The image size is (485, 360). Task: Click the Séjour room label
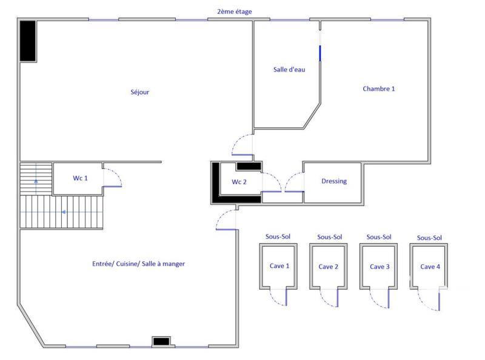coord(139,93)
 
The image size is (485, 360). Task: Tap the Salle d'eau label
coord(289,70)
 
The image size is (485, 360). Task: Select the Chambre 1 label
coord(379,88)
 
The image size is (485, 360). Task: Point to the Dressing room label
coord(334,181)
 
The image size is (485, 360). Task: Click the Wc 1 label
coord(81,178)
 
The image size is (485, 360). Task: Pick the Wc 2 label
coord(239,182)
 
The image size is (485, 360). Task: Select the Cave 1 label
coord(279,266)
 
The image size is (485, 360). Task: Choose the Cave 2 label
coord(329,267)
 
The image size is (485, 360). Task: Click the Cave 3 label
coord(380,267)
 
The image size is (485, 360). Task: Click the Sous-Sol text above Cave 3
coord(379,237)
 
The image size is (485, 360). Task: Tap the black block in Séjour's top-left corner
coord(28,41)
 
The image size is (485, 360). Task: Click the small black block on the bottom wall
coord(161,342)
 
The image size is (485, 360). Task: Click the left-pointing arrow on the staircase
coord(63,213)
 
